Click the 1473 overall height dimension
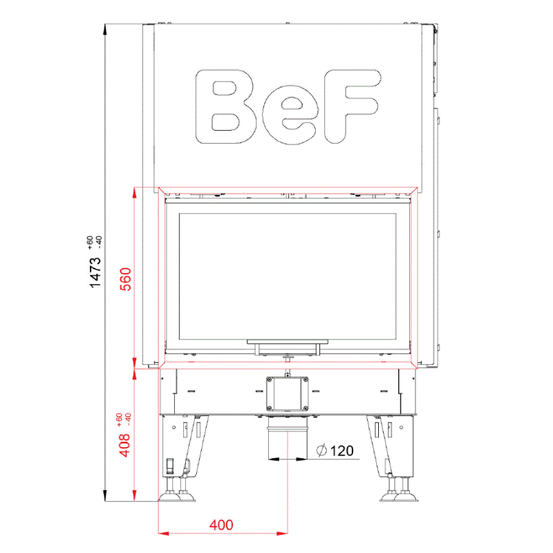95,272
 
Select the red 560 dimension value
126,279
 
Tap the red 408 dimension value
124,445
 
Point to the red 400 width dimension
221,525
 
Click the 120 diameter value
341,451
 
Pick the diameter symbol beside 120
321,451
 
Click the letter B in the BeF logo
225,106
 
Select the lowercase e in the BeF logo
290,115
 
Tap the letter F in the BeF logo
353,106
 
